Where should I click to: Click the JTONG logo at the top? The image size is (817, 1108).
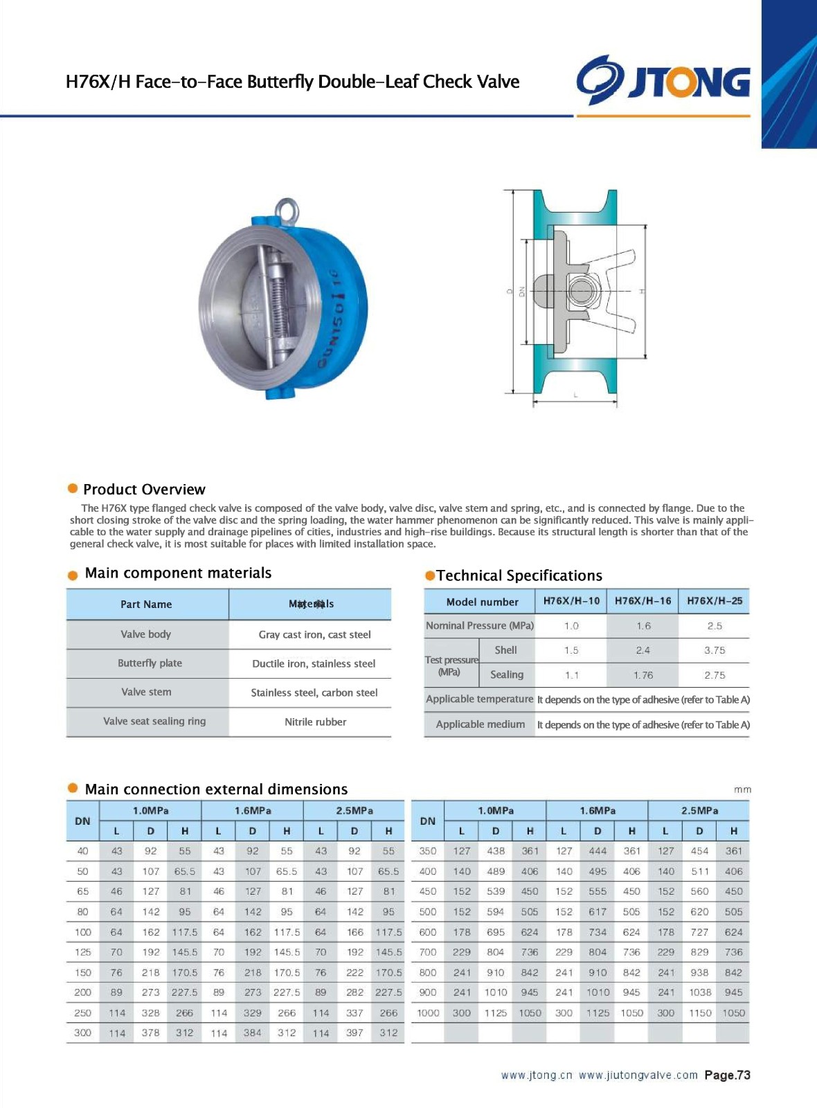(663, 80)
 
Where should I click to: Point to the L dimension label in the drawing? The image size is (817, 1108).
(575, 395)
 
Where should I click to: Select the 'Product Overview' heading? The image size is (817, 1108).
(144, 490)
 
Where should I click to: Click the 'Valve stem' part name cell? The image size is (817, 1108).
(146, 692)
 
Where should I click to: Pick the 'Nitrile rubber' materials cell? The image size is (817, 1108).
(315, 722)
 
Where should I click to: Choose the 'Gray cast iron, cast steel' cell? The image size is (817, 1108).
(314, 634)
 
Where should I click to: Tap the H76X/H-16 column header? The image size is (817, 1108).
(643, 601)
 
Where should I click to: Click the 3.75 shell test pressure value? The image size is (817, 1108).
(714, 650)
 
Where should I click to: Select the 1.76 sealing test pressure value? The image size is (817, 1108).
(643, 675)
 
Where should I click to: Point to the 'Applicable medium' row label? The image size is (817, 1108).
(480, 724)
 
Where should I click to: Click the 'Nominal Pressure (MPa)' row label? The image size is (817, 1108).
(479, 625)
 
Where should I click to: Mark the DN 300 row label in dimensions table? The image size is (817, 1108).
(82, 1033)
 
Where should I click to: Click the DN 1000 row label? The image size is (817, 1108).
(428, 1012)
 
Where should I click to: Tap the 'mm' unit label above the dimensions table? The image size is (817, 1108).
(742, 789)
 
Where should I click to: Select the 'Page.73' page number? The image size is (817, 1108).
(727, 1075)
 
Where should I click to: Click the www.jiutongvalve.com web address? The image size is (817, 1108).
(638, 1075)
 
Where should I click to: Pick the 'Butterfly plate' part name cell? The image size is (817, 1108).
(150, 663)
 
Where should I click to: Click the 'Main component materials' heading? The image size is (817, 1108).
(178, 573)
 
